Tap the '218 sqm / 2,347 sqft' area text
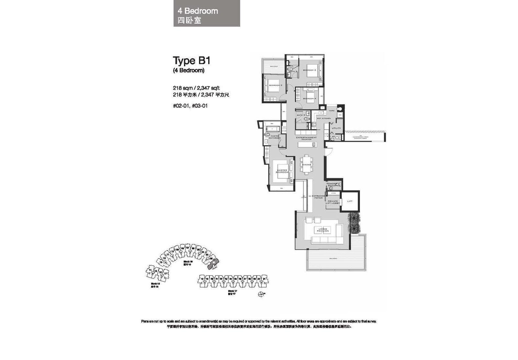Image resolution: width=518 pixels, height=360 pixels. coord(197,88)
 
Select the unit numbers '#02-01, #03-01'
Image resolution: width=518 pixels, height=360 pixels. coord(190,106)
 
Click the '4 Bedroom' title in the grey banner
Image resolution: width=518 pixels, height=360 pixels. coord(197,11)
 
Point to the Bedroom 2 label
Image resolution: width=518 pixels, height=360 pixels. coord(310,70)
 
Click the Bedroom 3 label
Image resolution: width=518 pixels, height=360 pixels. coord(276,85)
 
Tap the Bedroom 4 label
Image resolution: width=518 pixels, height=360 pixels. coord(310,98)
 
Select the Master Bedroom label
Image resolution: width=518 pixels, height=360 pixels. coord(282,171)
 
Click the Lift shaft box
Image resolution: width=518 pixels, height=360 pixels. coord(350,201)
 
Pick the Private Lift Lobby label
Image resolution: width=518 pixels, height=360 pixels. coord(332,202)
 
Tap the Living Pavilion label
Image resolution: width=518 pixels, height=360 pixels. coord(323,230)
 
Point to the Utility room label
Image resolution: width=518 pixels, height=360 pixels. coord(336,128)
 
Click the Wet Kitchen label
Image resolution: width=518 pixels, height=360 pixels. coord(324,118)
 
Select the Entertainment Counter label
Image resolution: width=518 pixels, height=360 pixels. coord(306,139)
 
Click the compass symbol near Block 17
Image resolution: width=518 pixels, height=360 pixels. coord(261,294)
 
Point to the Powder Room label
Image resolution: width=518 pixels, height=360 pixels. coord(332,185)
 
